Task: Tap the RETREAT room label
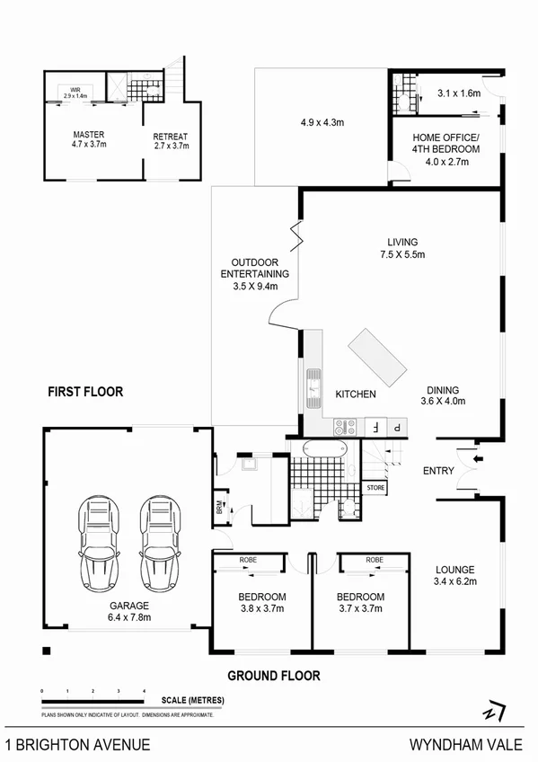pyautogui.click(x=171, y=137)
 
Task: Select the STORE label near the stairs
pyautogui.click(x=375, y=488)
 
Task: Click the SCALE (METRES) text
pyautogui.click(x=193, y=700)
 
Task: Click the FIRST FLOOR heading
pyautogui.click(x=85, y=392)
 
